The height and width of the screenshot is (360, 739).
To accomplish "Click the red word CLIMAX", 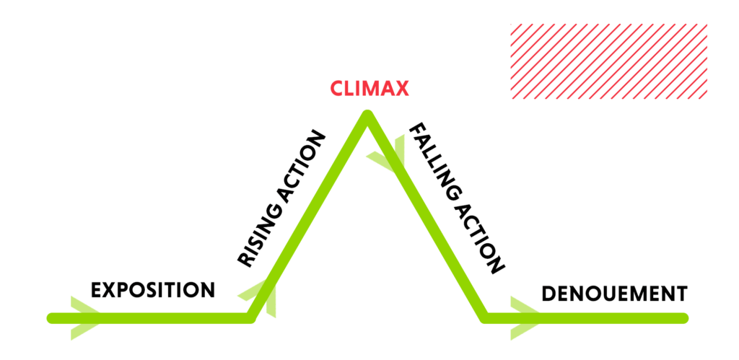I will [x=369, y=89].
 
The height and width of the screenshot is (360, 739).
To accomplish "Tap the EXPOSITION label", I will [x=153, y=290].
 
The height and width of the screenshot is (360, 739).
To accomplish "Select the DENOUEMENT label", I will [x=614, y=294].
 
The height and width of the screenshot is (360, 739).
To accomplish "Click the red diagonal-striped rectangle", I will [x=608, y=61].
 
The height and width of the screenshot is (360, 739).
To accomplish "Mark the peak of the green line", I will [x=367, y=115].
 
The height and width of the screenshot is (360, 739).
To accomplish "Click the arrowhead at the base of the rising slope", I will [x=261, y=297].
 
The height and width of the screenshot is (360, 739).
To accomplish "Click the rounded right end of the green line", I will [x=683, y=317].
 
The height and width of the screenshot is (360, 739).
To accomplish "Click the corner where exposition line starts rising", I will [x=250, y=317].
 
